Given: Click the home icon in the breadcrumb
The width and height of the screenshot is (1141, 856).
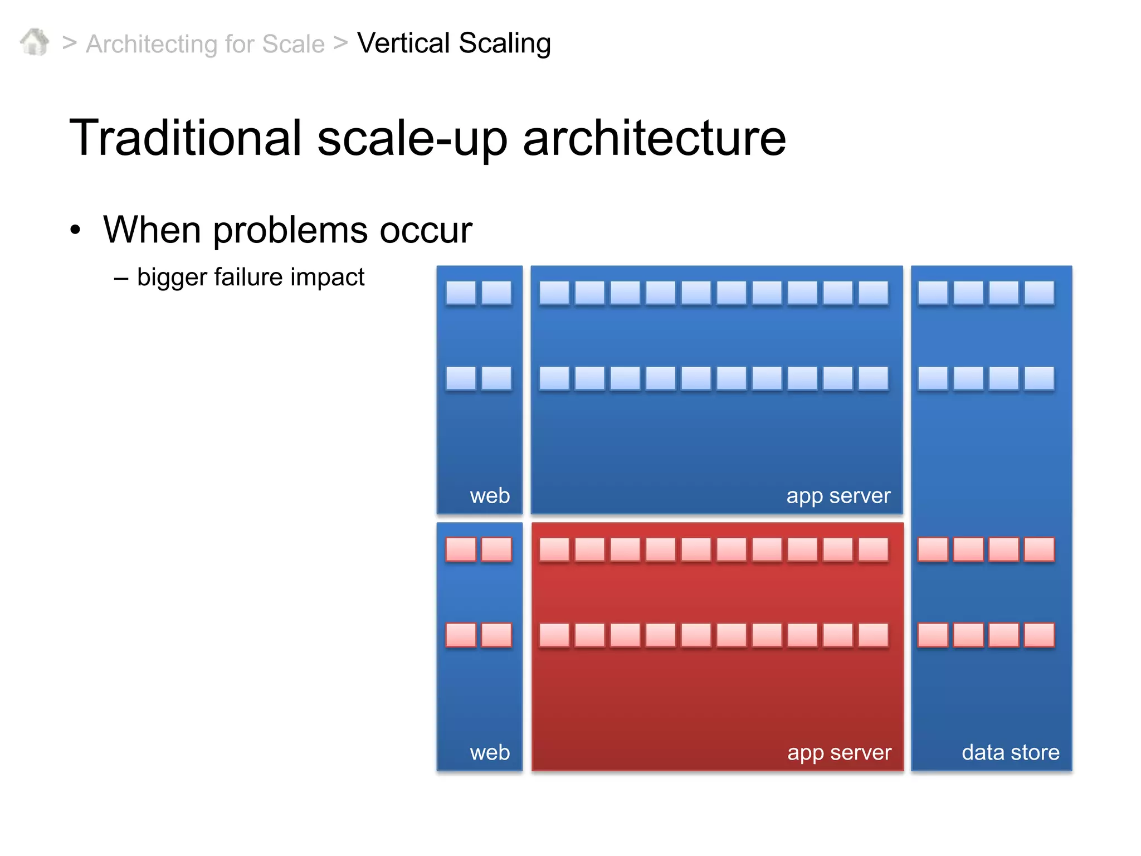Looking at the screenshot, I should coord(35,42).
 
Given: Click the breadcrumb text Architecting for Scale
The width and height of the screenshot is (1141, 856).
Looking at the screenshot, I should coord(205,44).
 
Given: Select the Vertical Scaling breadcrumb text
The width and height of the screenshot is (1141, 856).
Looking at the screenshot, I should coord(454,43).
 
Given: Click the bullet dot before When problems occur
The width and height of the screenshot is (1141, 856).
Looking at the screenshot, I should coord(75,230).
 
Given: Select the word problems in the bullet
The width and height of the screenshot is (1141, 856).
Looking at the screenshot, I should coord(290,230).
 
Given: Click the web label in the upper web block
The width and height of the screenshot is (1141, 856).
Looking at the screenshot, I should coord(490,495).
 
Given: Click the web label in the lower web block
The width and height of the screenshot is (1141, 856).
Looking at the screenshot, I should coord(490,752).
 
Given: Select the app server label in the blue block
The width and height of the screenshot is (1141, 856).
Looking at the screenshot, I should coord(838,496).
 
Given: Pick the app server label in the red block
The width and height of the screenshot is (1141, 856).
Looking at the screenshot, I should coord(839,753).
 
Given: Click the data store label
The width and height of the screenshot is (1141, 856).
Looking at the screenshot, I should coord(1010,752).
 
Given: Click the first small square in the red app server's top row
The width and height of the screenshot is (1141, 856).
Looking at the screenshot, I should coord(554,549).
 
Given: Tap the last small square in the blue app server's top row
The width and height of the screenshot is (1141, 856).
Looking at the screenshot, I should coord(873,293).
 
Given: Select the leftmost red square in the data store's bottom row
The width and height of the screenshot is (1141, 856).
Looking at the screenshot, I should coord(933,635).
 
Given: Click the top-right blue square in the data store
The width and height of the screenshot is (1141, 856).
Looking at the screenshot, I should coord(1039,293).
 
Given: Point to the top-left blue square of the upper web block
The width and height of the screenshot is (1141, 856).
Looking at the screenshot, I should coord(461,293).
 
